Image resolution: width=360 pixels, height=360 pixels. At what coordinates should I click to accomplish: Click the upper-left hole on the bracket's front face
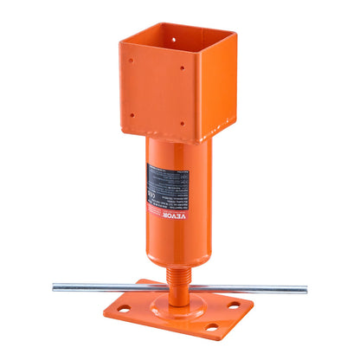tap(132, 61)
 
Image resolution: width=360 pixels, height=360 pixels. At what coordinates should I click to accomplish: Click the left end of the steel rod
tap(55, 286)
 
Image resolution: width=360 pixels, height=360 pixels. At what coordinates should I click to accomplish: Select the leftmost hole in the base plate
tap(124, 308)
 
